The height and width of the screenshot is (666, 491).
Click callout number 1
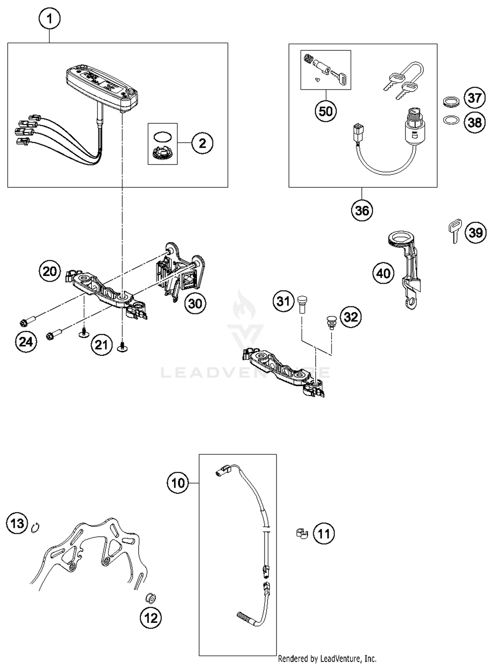(x=49, y=19)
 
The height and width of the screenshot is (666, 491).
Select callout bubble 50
(x=326, y=111)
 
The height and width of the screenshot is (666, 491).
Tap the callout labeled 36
(x=362, y=210)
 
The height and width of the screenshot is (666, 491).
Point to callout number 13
(x=17, y=523)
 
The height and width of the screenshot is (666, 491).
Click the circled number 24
(x=26, y=342)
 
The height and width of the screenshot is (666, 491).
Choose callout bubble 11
(x=324, y=534)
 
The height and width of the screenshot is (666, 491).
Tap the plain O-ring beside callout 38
(x=450, y=120)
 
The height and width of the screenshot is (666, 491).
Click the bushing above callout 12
(x=151, y=598)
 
